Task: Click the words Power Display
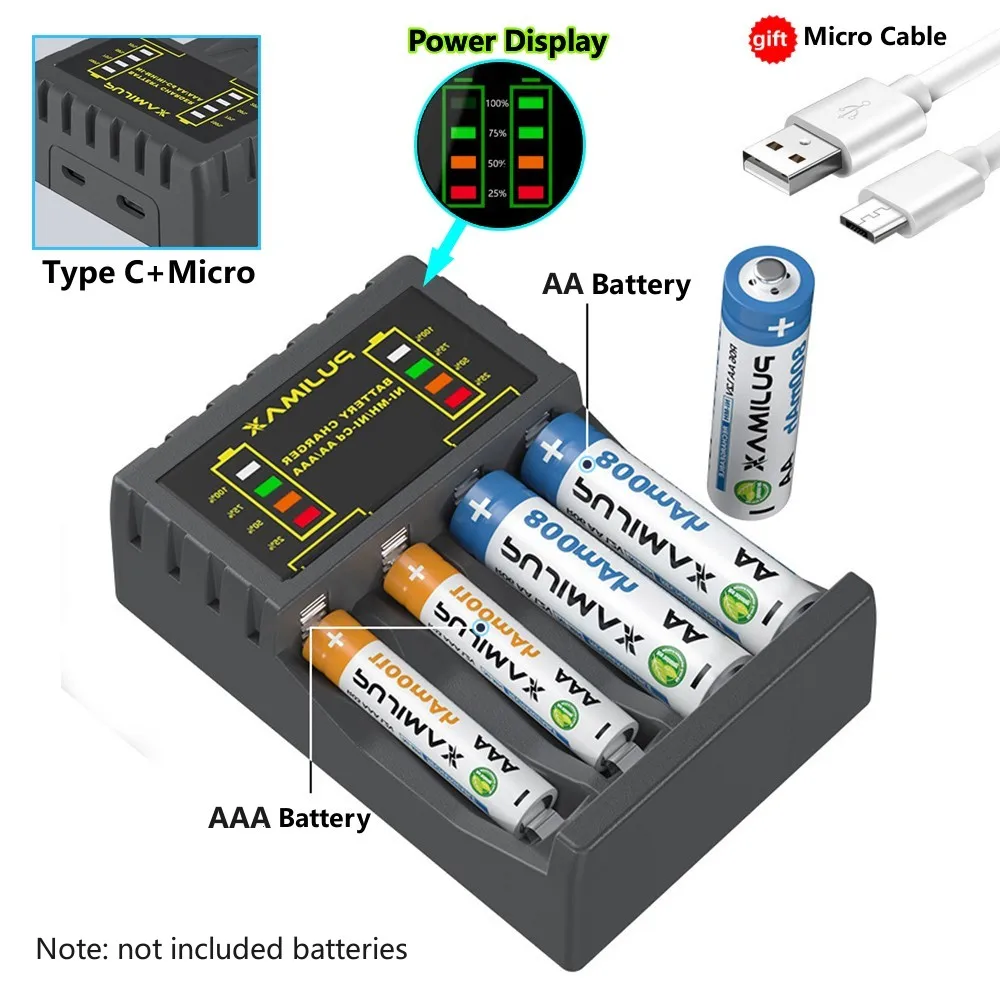pos(508,41)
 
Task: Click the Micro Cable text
pos(875,37)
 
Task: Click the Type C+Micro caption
pos(148,272)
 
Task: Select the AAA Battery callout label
pos(289,818)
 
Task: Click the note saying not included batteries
pos(221,947)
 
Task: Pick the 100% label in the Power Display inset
pos(497,103)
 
